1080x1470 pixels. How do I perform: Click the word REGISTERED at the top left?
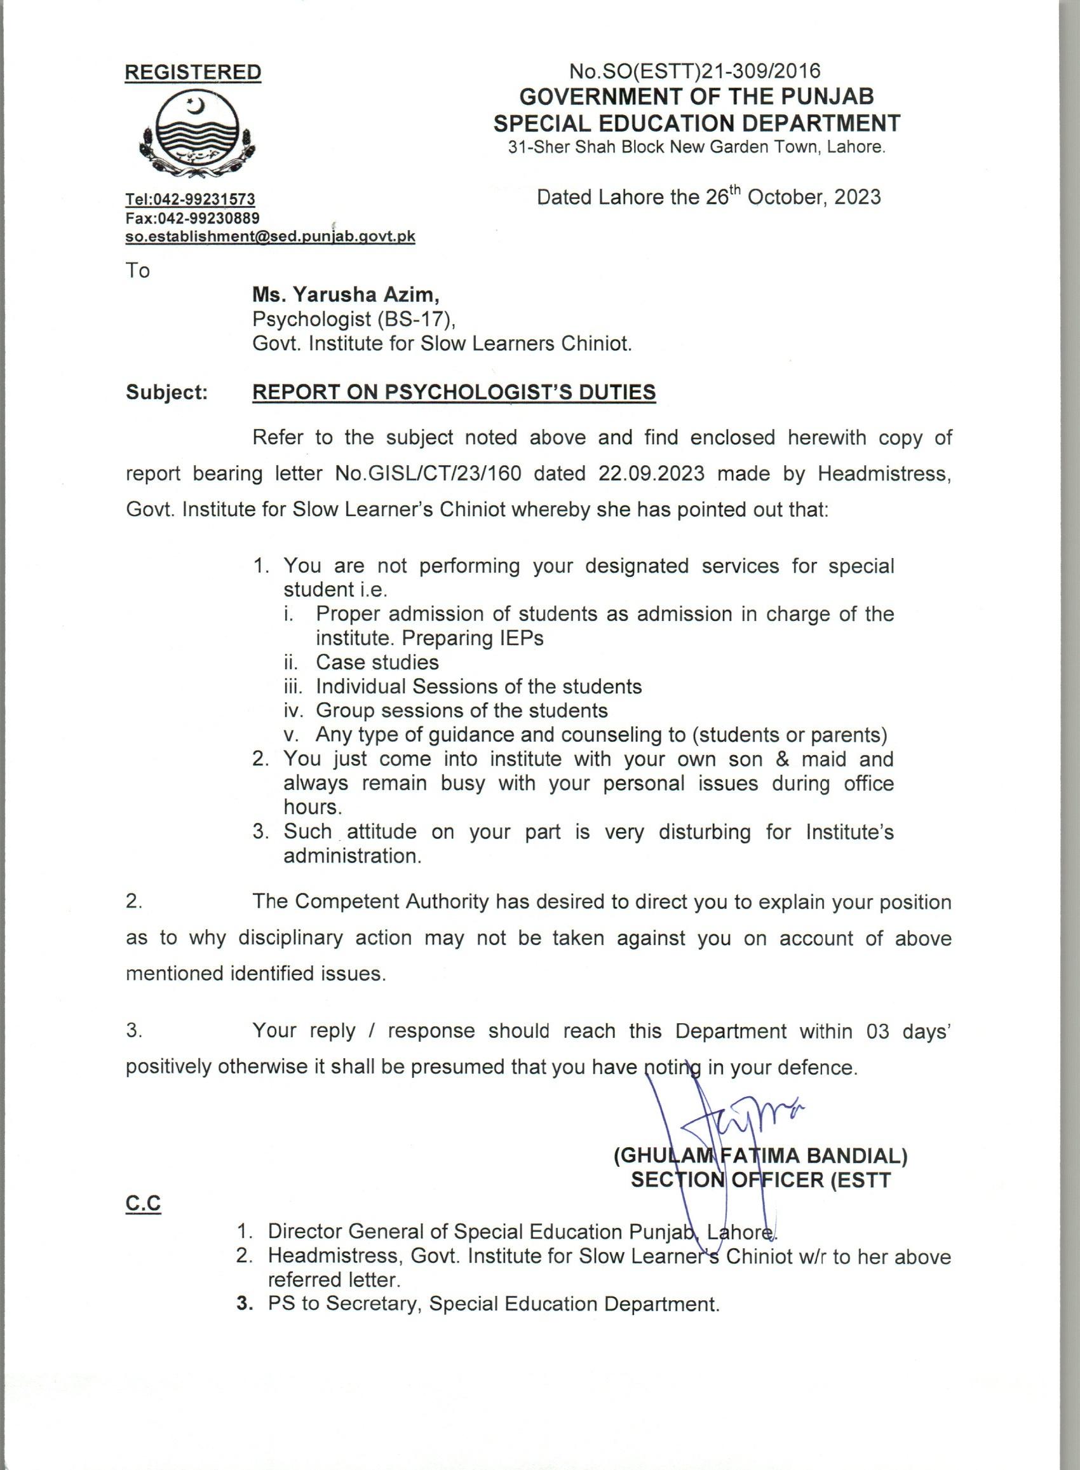pos(193,72)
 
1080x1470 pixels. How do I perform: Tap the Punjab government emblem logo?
pos(194,135)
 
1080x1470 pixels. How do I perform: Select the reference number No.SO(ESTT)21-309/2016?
pos(695,71)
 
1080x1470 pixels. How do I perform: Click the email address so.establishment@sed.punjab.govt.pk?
pos(270,236)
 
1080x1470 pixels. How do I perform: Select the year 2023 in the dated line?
pos(856,198)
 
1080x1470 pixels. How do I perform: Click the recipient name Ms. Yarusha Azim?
pos(346,296)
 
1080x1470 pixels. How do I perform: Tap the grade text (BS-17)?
pos(415,319)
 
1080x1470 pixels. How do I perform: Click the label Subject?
pos(166,392)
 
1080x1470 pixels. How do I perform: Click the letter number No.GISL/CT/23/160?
pos(428,473)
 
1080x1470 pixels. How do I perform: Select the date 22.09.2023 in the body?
pos(651,473)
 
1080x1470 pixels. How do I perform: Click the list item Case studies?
pos(377,662)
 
